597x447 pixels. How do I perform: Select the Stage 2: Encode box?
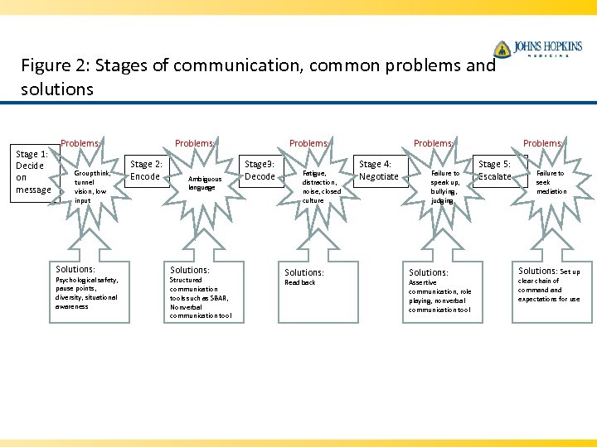point(146,171)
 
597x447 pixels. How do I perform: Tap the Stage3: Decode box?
point(260,171)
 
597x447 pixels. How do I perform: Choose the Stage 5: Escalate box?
point(496,171)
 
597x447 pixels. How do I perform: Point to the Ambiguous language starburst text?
point(205,183)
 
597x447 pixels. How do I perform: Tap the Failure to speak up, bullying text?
point(444,187)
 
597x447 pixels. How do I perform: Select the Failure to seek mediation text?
point(551,182)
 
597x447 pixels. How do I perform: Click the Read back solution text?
point(300,283)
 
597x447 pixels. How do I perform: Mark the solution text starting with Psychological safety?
point(86,293)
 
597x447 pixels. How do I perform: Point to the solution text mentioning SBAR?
point(200,298)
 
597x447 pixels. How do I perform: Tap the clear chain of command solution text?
point(549,290)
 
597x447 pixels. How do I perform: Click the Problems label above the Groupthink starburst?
point(80,143)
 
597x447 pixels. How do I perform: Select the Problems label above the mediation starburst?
point(542,143)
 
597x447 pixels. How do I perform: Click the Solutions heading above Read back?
point(304,272)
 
